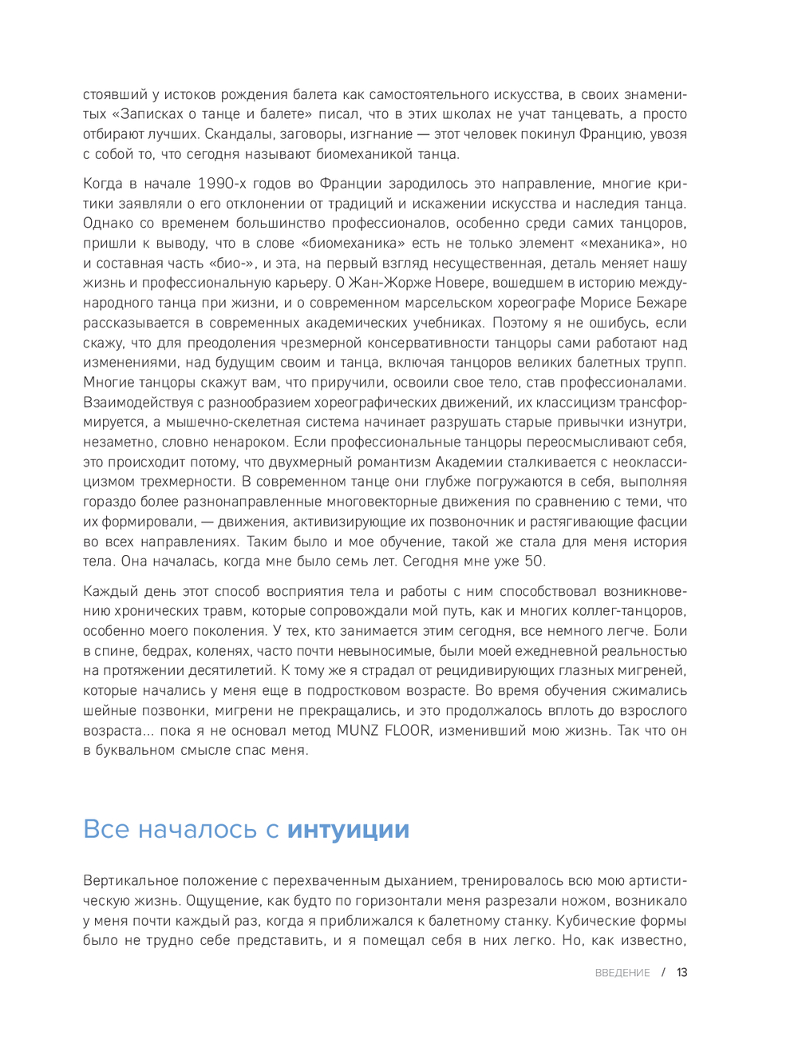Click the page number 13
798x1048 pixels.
click(x=681, y=973)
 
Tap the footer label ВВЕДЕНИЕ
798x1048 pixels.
click(x=622, y=973)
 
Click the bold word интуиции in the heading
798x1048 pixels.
click(x=348, y=829)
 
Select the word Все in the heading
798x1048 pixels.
click(x=106, y=829)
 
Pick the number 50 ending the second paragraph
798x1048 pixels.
click(x=532, y=562)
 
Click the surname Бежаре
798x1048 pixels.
click(x=659, y=303)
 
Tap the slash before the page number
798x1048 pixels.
click(x=663, y=973)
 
